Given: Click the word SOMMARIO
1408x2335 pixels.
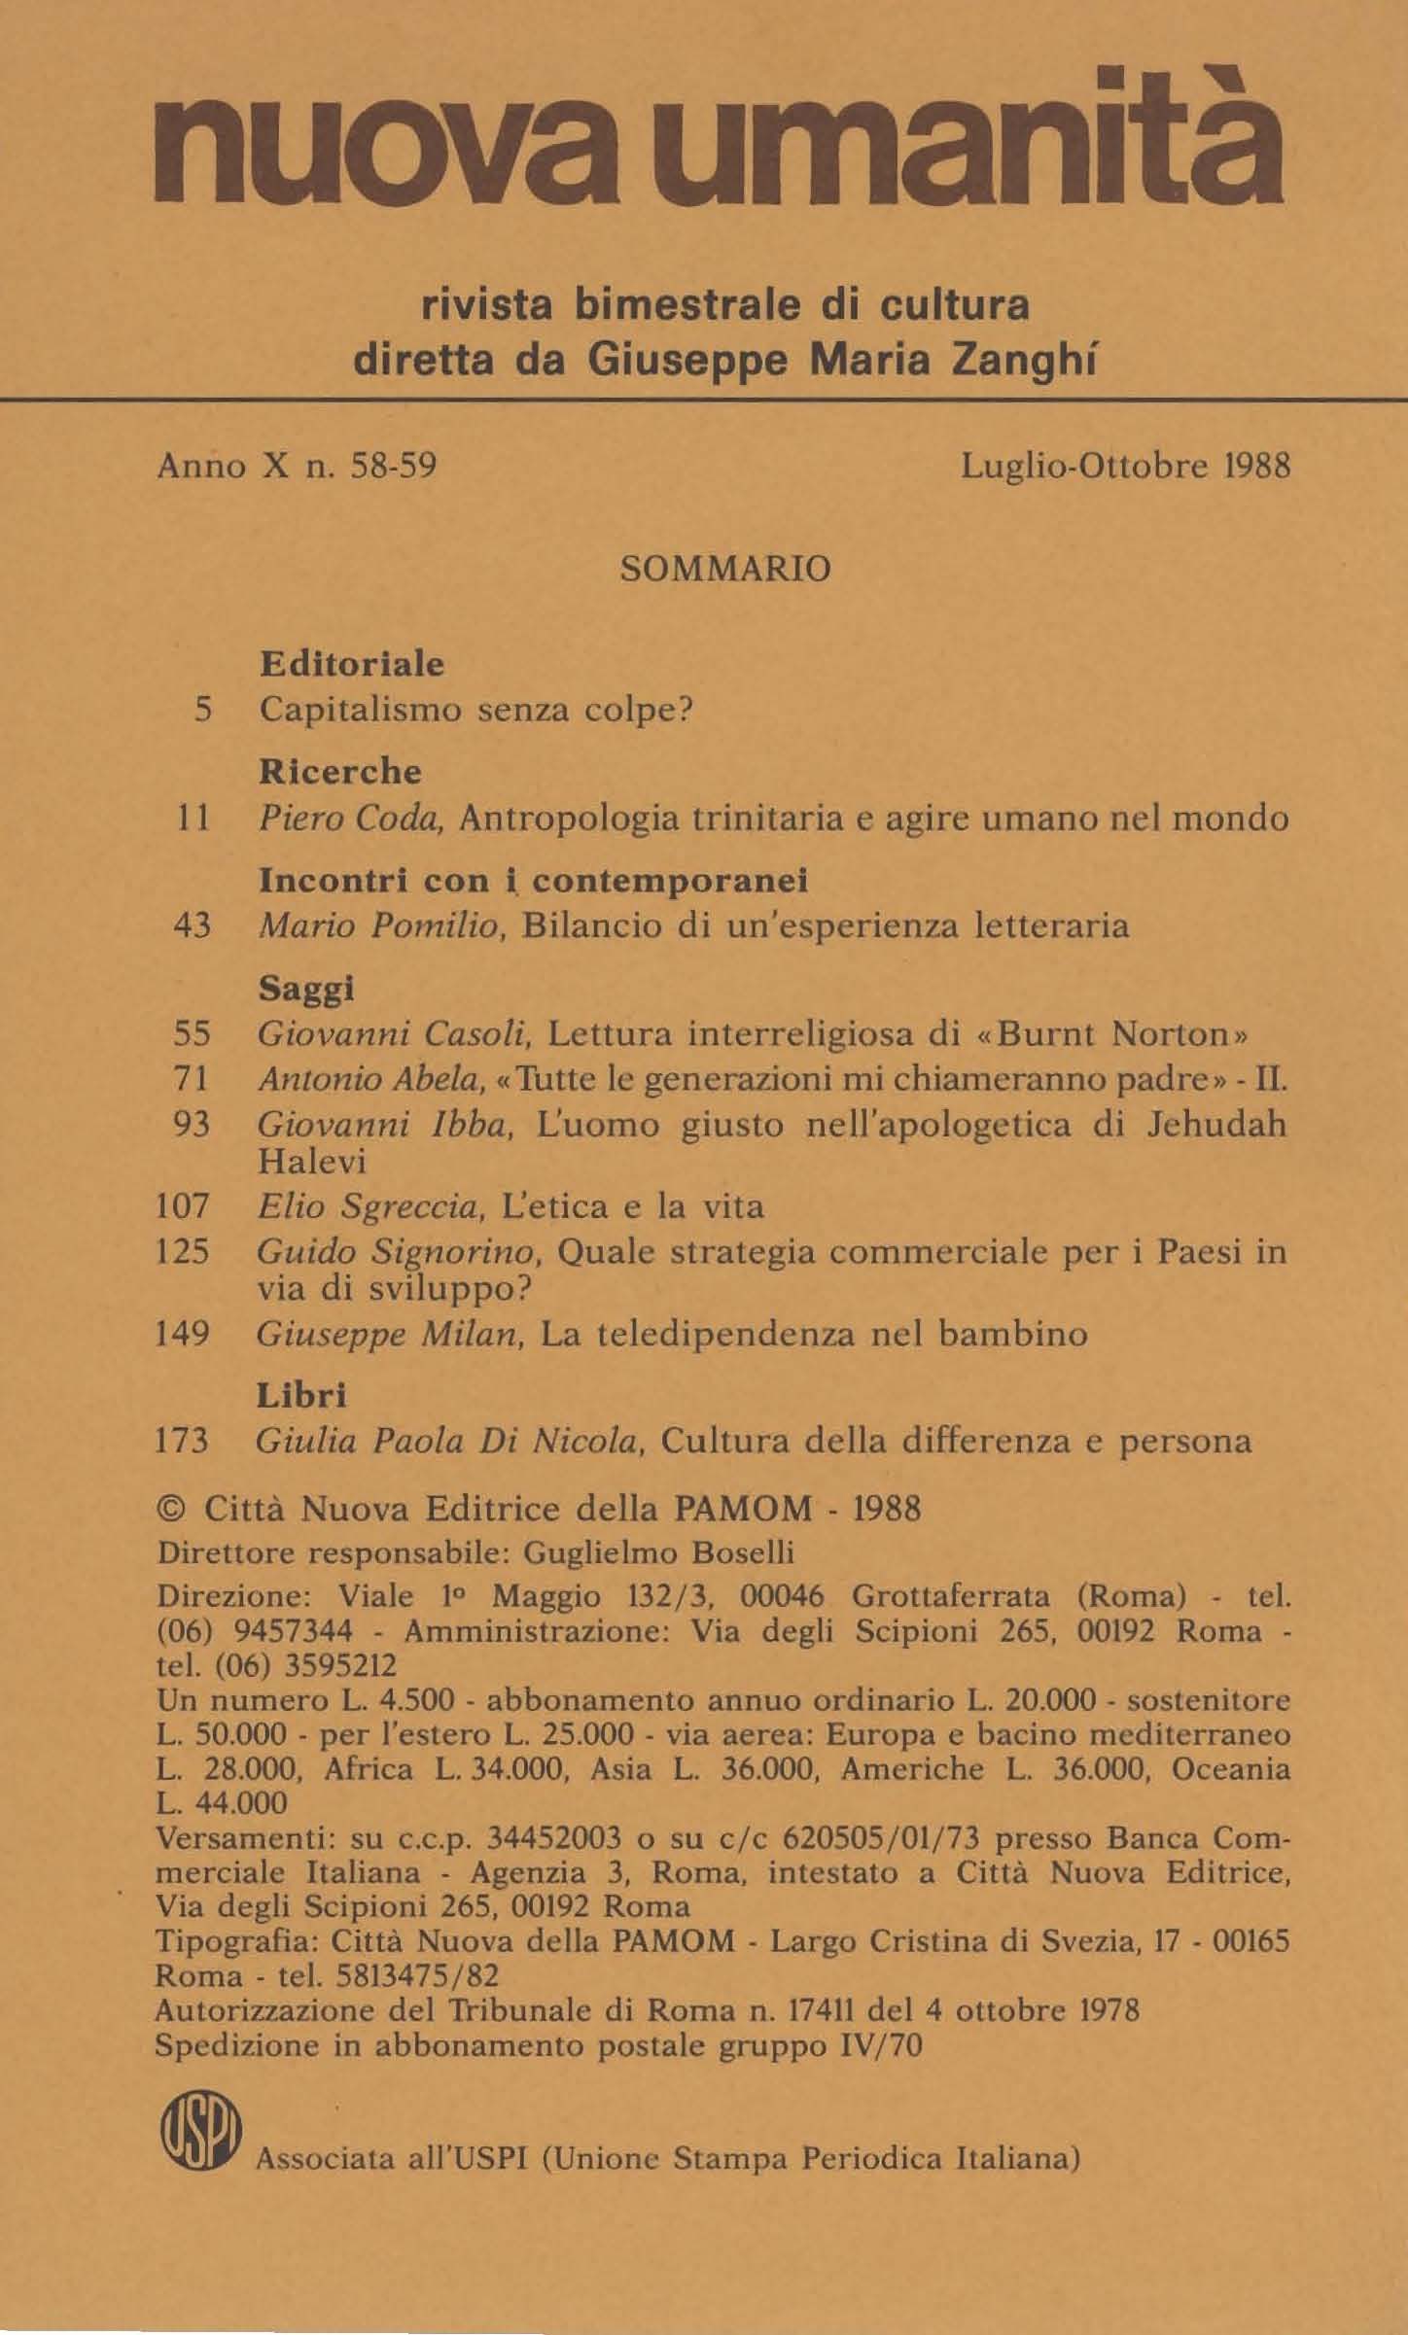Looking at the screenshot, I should point(725,568).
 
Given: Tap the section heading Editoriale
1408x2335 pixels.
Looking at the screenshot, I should point(352,665).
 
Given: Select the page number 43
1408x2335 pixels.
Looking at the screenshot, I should point(192,925).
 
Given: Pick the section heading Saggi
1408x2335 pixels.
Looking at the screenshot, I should point(305,989).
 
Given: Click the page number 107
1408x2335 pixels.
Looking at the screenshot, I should point(183,1206).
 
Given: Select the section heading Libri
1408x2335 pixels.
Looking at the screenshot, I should point(301,1396).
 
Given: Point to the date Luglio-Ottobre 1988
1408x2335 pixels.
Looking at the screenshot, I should point(1125,468).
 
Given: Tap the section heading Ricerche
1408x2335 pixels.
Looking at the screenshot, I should point(340,772).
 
